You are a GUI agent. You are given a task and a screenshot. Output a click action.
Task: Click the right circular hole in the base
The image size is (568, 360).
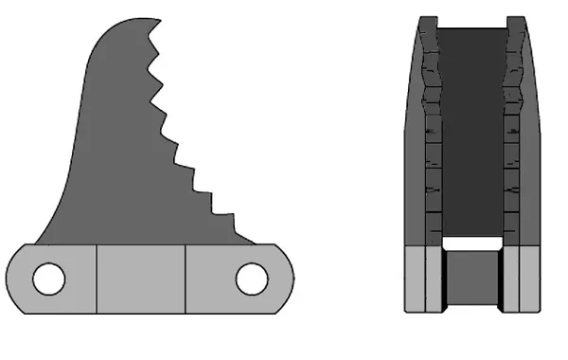252,279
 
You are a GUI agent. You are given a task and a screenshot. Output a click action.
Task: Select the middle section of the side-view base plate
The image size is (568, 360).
142,279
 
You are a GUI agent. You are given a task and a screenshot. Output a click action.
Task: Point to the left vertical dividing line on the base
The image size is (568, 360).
98,279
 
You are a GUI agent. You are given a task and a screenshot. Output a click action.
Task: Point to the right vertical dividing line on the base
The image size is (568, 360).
186,279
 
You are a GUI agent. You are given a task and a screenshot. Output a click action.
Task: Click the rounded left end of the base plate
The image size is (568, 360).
13,279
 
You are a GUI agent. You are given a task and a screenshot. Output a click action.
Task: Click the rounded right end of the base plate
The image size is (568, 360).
286,279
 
